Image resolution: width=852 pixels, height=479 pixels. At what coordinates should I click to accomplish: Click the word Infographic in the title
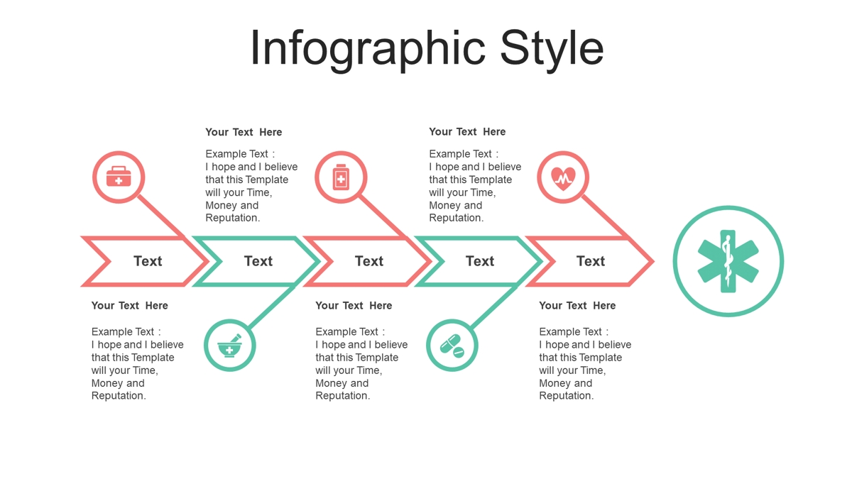click(x=368, y=49)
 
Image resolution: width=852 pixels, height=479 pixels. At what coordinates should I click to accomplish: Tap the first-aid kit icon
click(x=119, y=177)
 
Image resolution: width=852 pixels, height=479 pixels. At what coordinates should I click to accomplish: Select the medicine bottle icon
click(x=341, y=177)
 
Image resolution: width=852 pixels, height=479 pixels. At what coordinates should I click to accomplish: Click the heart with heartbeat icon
click(x=563, y=178)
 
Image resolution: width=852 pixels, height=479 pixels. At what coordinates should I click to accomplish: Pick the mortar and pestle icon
click(x=229, y=346)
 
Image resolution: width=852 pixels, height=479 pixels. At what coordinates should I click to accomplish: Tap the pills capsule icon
click(x=452, y=346)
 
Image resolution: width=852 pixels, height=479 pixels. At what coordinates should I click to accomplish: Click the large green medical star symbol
click(x=728, y=261)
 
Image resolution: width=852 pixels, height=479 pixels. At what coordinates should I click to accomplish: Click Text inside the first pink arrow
click(x=148, y=261)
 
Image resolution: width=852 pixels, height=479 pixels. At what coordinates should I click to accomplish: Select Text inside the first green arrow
click(x=258, y=261)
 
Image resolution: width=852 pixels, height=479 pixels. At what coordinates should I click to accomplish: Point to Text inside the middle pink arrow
click(x=369, y=261)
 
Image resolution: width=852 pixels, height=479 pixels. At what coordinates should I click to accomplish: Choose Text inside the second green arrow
click(x=480, y=261)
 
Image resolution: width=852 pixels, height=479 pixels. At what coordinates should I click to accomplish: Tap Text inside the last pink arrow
click(x=591, y=261)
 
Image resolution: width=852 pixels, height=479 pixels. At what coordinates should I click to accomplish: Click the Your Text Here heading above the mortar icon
click(x=244, y=132)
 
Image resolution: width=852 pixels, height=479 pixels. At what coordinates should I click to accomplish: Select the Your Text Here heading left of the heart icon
click(x=467, y=132)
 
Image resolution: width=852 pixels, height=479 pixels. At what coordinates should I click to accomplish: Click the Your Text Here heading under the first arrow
click(x=130, y=306)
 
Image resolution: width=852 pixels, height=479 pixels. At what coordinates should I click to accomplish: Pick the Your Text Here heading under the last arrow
click(x=577, y=306)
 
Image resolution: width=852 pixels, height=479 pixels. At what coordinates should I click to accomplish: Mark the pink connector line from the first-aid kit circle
click(x=160, y=216)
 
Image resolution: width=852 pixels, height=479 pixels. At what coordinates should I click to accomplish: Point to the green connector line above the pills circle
click(x=494, y=307)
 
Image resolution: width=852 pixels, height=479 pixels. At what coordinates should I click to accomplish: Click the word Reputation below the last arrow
click(x=565, y=396)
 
